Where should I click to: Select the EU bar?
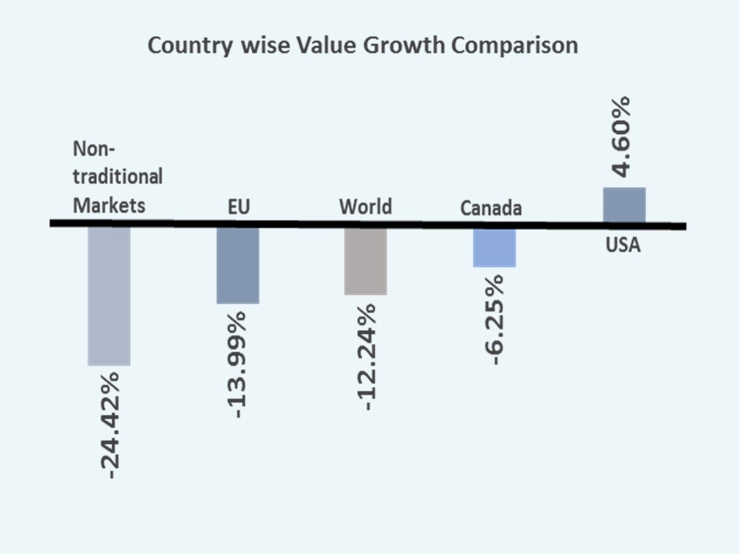[x=238, y=265]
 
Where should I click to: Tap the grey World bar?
[x=365, y=261]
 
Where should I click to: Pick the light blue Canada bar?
[x=494, y=247]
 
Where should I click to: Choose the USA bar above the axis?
[x=624, y=205]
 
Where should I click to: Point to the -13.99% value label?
[x=238, y=364]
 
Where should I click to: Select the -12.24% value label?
[x=366, y=357]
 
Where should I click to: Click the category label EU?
[x=239, y=207]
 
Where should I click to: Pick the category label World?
[x=366, y=206]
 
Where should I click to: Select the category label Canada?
[x=491, y=209]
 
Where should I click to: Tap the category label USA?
[x=624, y=247]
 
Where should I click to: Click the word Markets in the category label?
[x=109, y=205]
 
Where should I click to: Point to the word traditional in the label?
[x=118, y=176]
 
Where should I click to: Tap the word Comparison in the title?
[x=515, y=45]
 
